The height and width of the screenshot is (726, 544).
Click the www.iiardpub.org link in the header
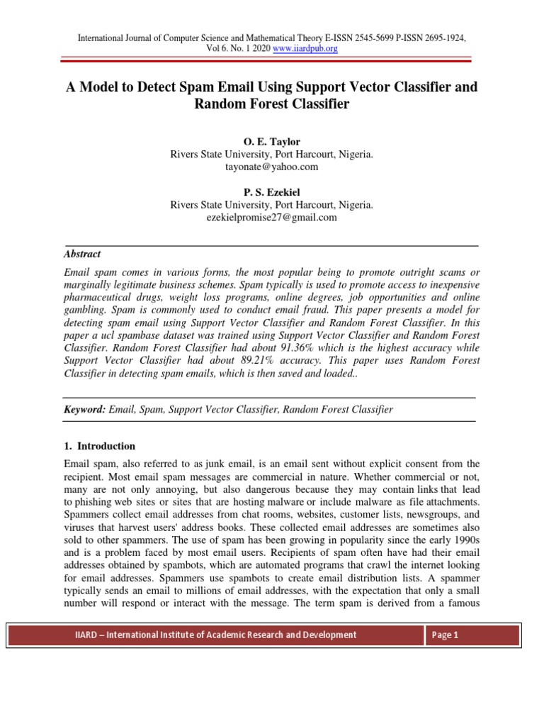(305, 49)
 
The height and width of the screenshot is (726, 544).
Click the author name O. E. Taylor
(272, 142)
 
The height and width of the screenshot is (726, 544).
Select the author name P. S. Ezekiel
(272, 192)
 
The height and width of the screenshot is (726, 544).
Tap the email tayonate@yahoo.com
(272, 167)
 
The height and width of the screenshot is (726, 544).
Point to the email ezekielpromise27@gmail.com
(272, 218)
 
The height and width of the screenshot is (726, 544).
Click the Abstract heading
(82, 254)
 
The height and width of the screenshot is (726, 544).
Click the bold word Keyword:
(85, 410)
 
